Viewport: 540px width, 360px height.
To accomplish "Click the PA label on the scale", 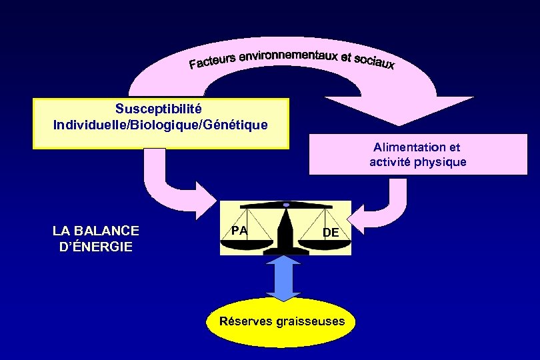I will pyautogui.click(x=239, y=230).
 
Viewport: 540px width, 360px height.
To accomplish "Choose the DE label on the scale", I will pyautogui.click(x=331, y=232).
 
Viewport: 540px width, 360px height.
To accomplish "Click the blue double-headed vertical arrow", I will pyautogui.click(x=285, y=281).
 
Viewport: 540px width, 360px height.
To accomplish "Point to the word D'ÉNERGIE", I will pyautogui.click(x=96, y=247).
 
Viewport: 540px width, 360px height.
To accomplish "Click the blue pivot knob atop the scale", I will pyautogui.click(x=286, y=204).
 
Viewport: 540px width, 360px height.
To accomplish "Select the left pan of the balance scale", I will pyautogui.click(x=247, y=243).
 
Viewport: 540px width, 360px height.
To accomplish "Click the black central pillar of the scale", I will pyautogui.click(x=285, y=230).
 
